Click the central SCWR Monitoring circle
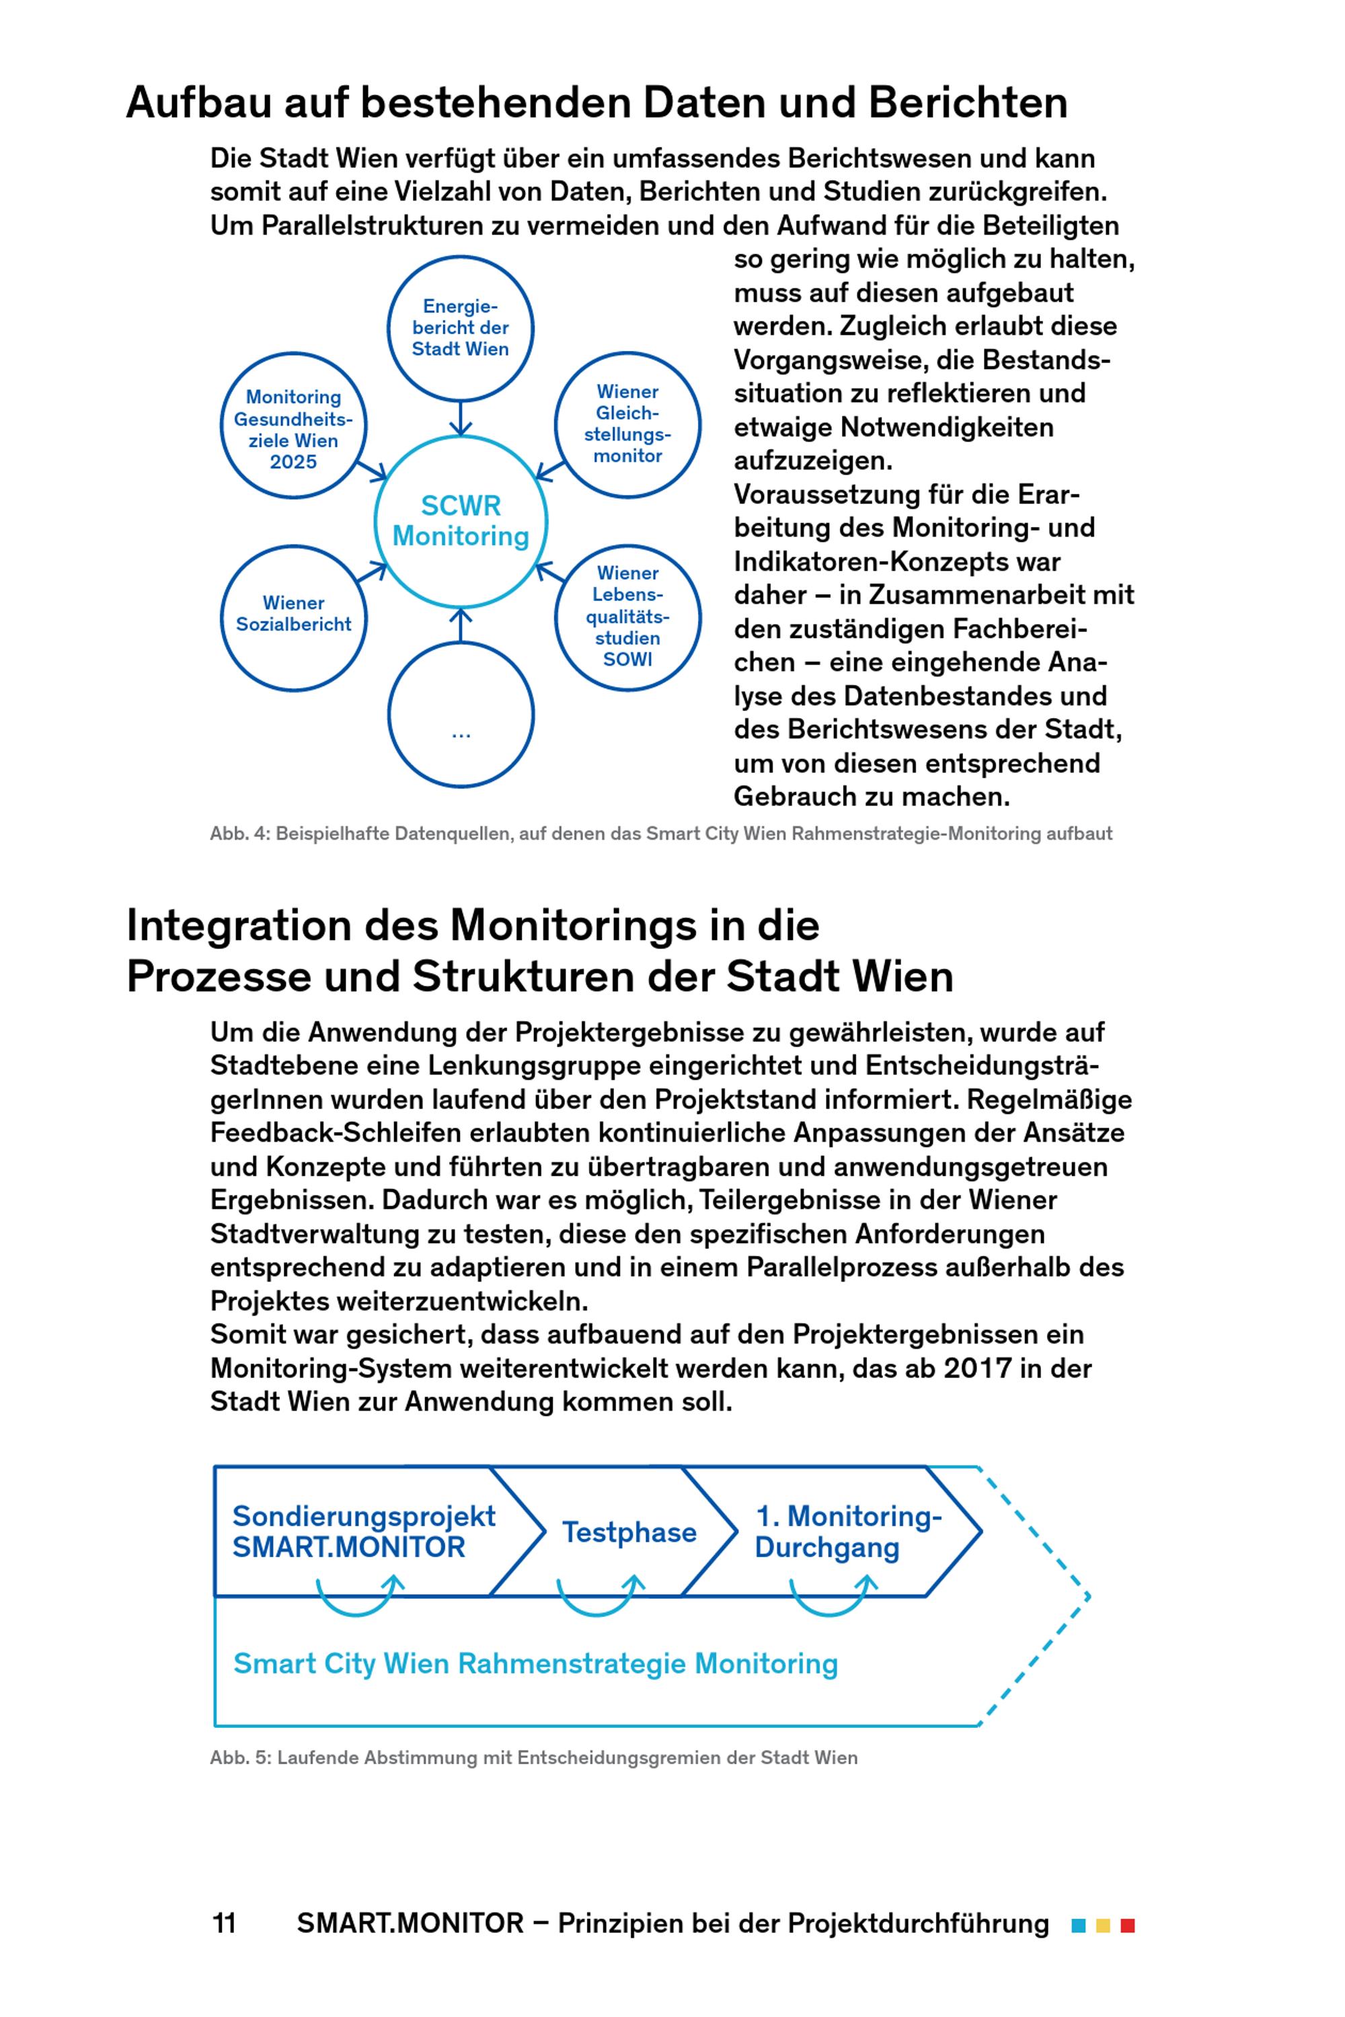pyautogui.click(x=461, y=522)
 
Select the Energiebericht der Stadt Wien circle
pyautogui.click(x=461, y=327)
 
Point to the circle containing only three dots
pyautogui.click(x=461, y=714)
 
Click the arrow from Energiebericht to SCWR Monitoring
pyautogui.click(x=461, y=418)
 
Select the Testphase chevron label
pyautogui.click(x=629, y=1532)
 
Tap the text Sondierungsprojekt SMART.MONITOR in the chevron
pyautogui.click(x=364, y=1532)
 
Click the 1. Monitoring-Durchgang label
pyautogui.click(x=847, y=1532)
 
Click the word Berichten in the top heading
pyautogui.click(x=968, y=102)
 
